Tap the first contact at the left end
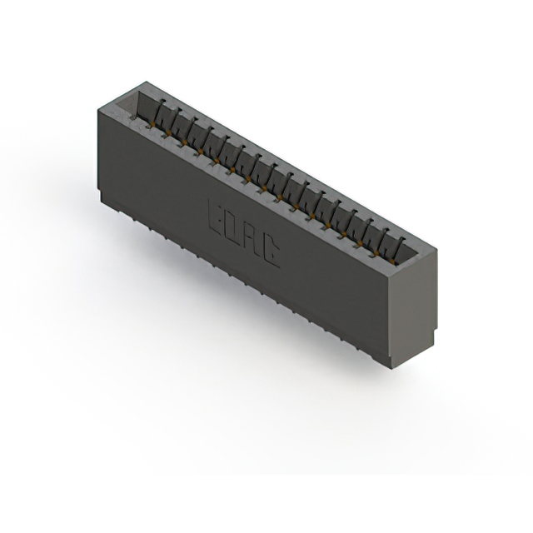[x=161, y=113]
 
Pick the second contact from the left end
[x=177, y=122]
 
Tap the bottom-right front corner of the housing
[x=391, y=366]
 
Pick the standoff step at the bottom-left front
[x=104, y=201]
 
